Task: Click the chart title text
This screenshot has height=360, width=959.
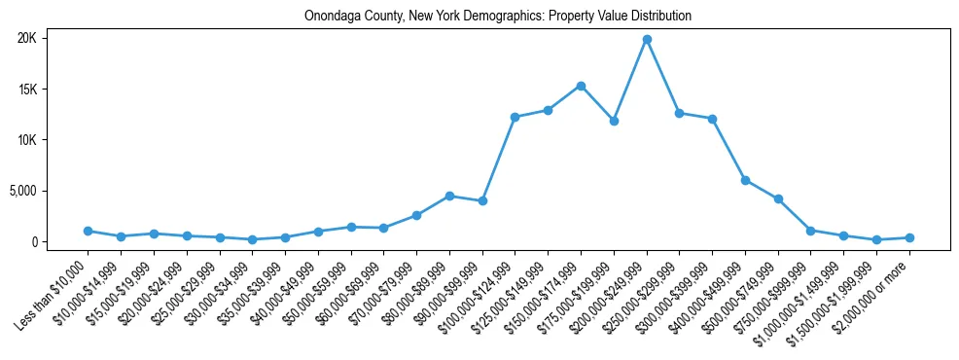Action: tap(497, 17)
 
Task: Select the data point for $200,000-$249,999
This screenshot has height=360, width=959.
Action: tap(647, 39)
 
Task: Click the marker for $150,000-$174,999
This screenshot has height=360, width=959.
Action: tap(581, 86)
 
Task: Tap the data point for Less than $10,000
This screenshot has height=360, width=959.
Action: tap(89, 231)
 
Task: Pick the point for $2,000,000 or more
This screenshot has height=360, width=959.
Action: tap(909, 237)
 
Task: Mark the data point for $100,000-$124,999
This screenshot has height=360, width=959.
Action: tap(515, 117)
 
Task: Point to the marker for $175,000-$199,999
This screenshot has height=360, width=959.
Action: tap(614, 121)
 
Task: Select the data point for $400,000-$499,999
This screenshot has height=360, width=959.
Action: tap(745, 180)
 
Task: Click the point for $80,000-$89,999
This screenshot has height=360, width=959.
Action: tap(449, 196)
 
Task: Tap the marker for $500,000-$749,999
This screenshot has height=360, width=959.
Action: tap(778, 198)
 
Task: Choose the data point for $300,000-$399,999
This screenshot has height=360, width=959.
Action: tap(712, 119)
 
